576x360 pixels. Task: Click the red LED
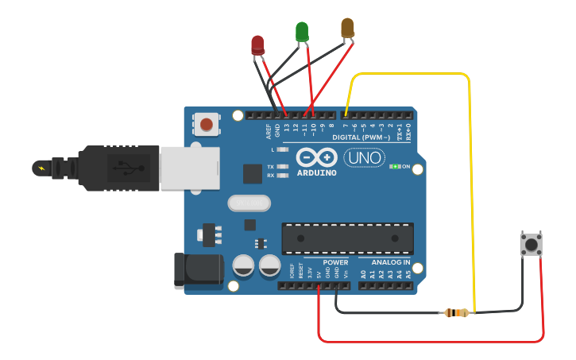257,45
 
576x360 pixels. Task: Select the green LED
302,32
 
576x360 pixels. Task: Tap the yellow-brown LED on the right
347,28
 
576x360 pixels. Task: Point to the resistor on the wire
456,313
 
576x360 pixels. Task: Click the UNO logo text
365,158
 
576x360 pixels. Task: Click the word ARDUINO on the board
316,172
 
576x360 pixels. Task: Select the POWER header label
335,262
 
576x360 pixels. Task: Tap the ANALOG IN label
390,262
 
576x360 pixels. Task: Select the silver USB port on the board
189,168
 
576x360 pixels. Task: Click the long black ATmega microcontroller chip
347,238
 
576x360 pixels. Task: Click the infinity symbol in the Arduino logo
316,157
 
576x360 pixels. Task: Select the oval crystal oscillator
249,203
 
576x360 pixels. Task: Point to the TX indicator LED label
271,167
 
